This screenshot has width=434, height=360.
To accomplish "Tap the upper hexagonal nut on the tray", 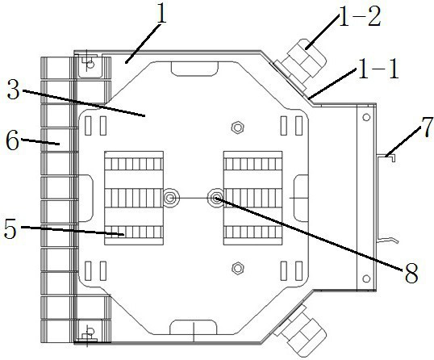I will coord(236,127).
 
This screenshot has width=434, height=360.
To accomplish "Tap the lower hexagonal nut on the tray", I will coord(236,267).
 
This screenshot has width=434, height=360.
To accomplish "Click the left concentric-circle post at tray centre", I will coord(171,198).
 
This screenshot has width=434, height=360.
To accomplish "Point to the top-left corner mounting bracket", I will coord(87,63).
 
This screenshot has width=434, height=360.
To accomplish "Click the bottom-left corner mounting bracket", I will coord(87,333).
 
